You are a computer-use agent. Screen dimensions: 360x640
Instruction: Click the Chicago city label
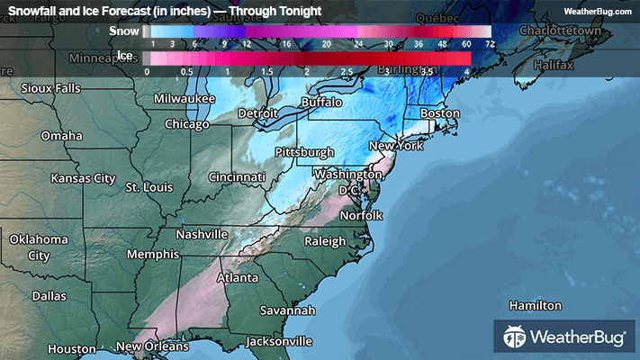[187, 124]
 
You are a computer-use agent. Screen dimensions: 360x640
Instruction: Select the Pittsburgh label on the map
[304, 152]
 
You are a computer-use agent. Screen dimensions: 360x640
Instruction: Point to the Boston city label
[440, 114]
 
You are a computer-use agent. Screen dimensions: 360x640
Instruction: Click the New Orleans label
[153, 346]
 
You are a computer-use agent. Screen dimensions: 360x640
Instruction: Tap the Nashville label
[202, 234]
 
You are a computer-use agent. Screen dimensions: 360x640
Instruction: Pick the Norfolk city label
[360, 215]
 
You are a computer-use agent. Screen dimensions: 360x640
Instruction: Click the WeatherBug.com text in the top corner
[599, 11]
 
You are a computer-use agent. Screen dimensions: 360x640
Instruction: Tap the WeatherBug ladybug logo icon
[515, 338]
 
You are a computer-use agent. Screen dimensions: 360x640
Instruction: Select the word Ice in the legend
[128, 57]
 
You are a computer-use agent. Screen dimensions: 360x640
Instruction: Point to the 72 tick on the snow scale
[489, 43]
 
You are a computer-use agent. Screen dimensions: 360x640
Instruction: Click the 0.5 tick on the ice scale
[187, 70]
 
